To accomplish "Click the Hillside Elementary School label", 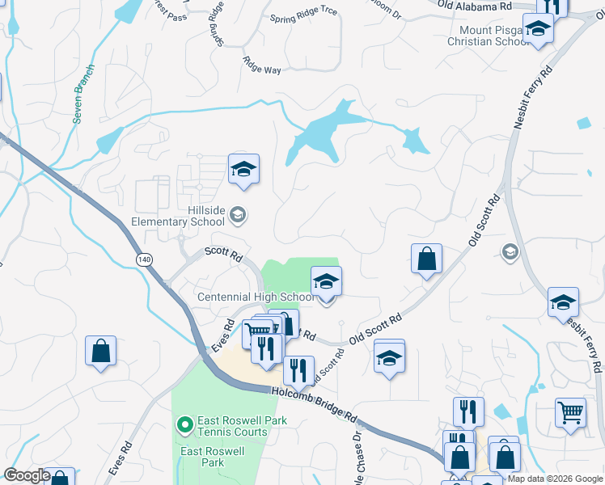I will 178,215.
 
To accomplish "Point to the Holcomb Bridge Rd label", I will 315,404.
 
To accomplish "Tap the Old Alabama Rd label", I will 475,6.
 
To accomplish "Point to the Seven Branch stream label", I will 85,93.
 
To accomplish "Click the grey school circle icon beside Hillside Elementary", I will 238,214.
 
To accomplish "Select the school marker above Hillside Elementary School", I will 243,169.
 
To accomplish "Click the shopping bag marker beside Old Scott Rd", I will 426,259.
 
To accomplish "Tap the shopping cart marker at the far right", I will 570,412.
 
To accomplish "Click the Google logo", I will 27,475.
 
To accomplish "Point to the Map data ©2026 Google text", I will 554,479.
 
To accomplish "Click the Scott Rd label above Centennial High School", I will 224,254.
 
